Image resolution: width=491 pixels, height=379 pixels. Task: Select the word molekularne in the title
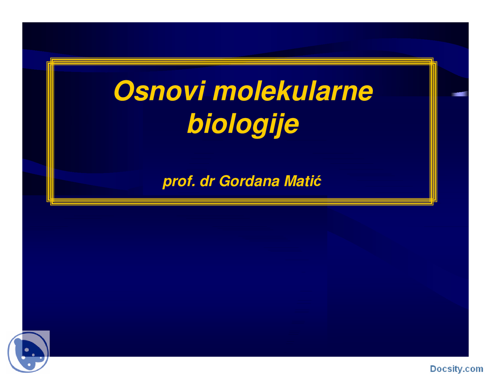[x=293, y=91]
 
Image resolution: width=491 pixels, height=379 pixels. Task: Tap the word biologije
[x=243, y=124]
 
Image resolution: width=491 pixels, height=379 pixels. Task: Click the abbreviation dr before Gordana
[x=207, y=181]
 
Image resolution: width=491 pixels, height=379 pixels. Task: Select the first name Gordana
[x=249, y=181]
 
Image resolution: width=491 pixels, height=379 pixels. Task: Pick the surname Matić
[x=302, y=181]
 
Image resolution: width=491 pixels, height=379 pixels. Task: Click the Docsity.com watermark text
[x=456, y=369]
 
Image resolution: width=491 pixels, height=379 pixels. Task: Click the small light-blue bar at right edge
[x=460, y=94]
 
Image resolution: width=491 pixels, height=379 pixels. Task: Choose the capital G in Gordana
[x=225, y=181]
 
